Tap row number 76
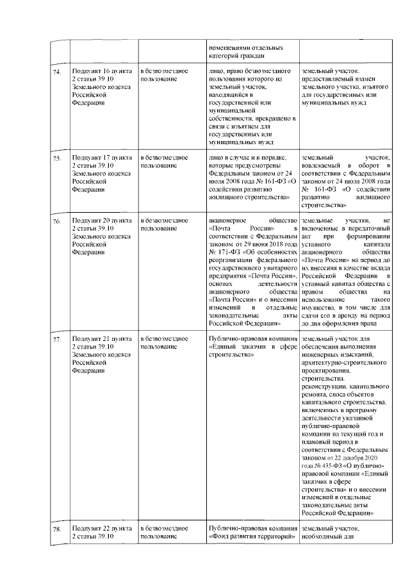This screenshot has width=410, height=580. (57, 221)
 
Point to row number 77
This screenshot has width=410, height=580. (57, 338)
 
